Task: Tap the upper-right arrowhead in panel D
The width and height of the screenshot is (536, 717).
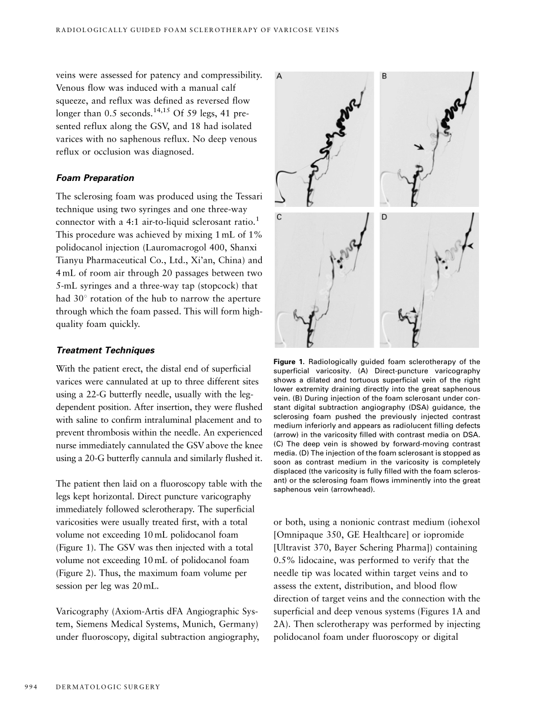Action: (x=470, y=246)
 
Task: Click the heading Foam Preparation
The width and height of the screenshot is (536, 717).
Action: (x=95, y=178)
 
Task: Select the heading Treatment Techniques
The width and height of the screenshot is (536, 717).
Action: (x=106, y=350)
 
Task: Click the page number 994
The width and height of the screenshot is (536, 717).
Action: (x=32, y=687)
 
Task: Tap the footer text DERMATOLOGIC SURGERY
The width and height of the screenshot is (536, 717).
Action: (x=108, y=687)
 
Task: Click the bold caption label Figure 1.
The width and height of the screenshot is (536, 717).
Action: (x=289, y=362)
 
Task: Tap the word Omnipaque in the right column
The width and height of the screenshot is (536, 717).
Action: (x=304, y=534)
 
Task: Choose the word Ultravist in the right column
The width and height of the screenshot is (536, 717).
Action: (x=298, y=547)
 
